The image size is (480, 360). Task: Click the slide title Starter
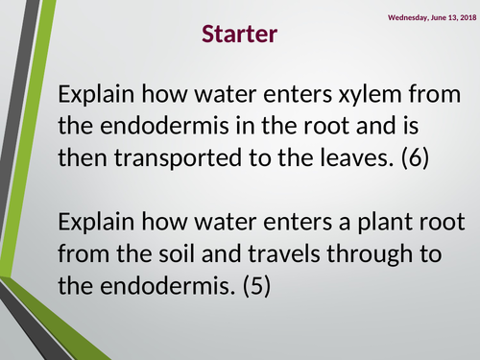point(240,36)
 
